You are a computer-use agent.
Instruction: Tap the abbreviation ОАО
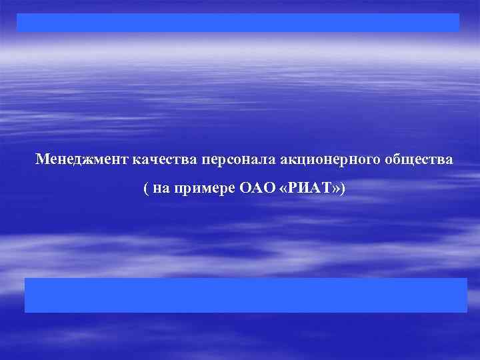click(257, 189)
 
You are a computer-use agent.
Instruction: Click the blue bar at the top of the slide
click(238, 23)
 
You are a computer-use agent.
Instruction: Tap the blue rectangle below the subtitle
click(245, 295)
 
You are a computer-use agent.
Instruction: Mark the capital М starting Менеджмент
click(41, 160)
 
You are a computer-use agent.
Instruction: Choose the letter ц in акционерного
click(301, 161)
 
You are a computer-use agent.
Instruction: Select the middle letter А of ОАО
click(257, 189)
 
